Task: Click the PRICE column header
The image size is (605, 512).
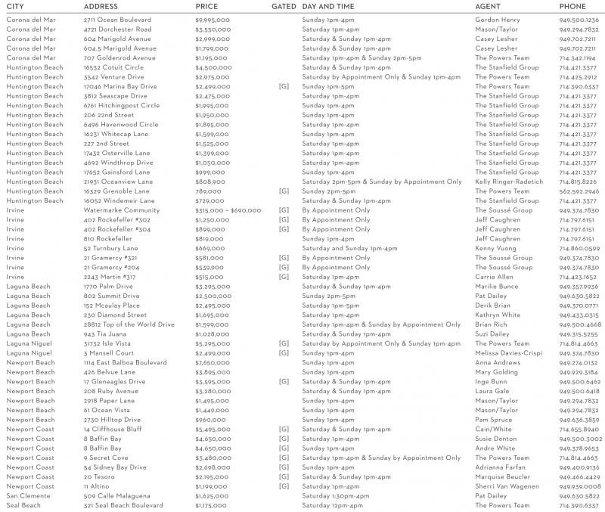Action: point(206,6)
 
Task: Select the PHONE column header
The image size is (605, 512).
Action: point(572,6)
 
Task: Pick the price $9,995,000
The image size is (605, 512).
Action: point(213,19)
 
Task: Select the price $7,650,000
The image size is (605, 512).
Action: point(213,362)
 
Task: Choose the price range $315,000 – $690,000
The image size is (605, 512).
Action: point(228,210)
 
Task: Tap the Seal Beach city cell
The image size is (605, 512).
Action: point(23,505)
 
